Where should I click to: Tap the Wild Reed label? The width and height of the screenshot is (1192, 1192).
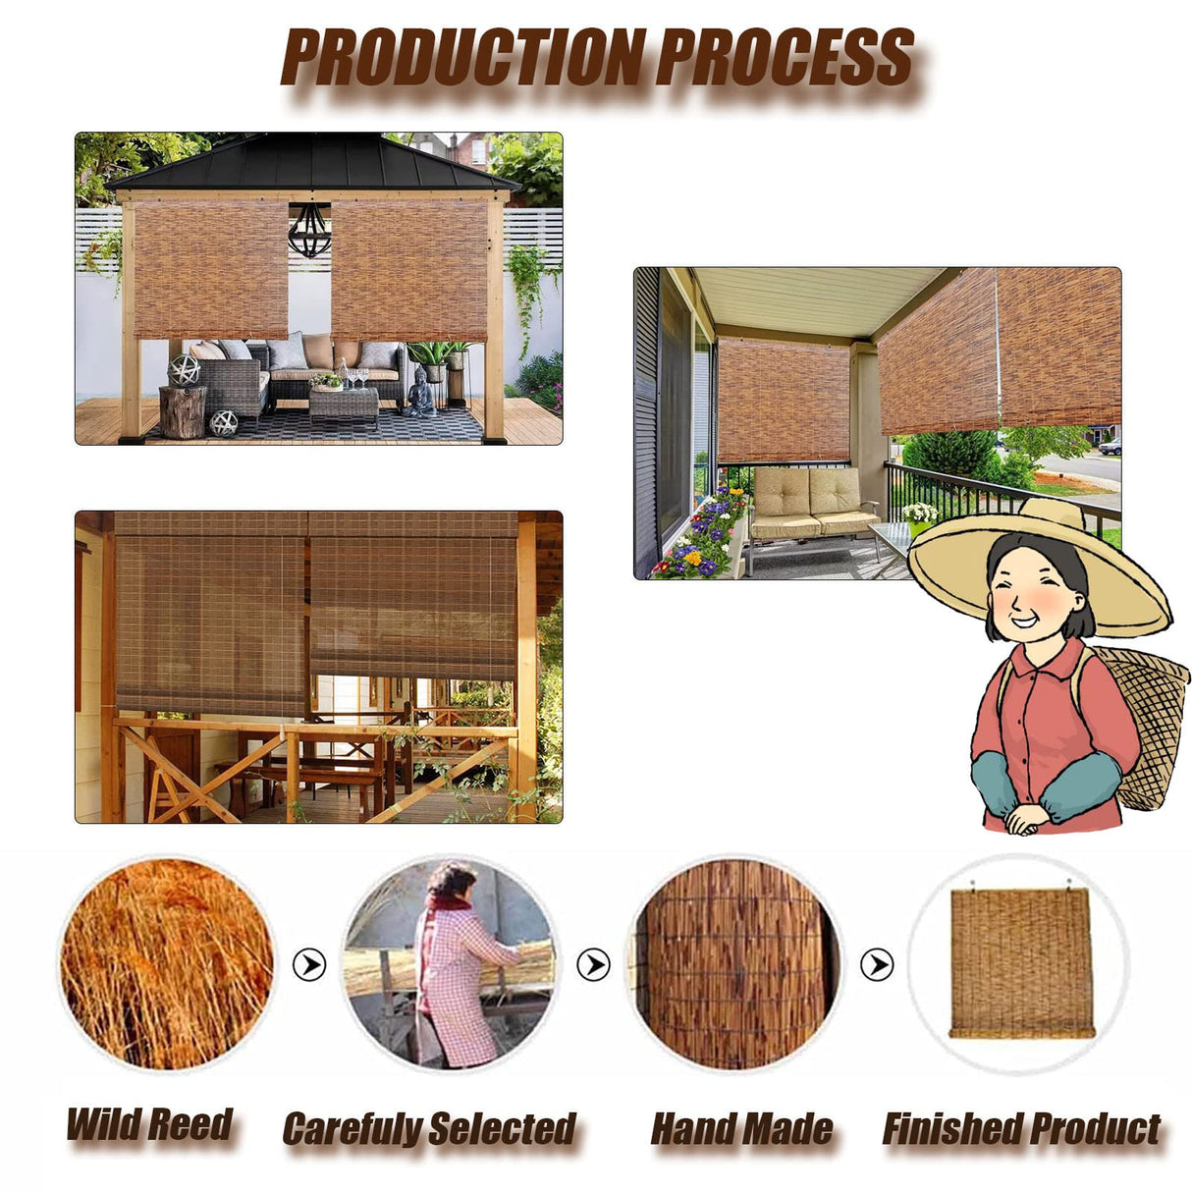click(x=149, y=1124)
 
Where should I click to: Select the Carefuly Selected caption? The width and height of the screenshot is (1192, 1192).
click(x=429, y=1129)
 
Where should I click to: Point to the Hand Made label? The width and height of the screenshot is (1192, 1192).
click(x=741, y=1129)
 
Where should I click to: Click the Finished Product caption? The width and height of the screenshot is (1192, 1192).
click(x=1021, y=1129)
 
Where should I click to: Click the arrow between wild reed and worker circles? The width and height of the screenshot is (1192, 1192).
click(x=309, y=965)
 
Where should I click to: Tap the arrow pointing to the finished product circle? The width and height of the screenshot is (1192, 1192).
click(x=877, y=965)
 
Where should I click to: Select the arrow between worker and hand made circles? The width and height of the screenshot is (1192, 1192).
click(x=593, y=965)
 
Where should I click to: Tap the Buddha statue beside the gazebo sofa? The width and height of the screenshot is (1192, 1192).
click(x=422, y=393)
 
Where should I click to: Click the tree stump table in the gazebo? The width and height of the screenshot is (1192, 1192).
click(x=183, y=410)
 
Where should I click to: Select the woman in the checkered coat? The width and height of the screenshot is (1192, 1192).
click(x=457, y=967)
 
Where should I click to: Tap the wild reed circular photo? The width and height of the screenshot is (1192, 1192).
click(x=167, y=964)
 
